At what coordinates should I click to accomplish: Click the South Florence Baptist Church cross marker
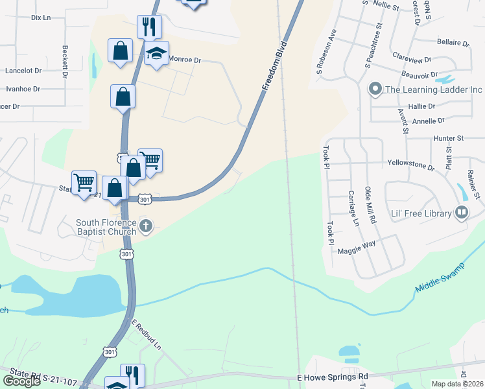pos(147,226)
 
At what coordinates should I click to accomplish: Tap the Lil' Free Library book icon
pos(462,212)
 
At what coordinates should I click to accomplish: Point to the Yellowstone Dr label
pos(410,165)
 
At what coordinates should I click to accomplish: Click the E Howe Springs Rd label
pos(332,377)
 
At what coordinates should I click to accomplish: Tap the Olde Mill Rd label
pos(370,206)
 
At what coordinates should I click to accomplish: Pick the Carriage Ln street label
pos(353,208)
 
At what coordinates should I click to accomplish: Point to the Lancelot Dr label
pos(23,71)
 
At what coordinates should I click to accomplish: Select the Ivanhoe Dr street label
pos(23,89)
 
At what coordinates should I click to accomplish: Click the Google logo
pos(21,381)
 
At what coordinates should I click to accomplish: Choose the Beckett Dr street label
pos(65,62)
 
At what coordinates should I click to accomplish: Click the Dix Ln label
pos(41,18)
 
